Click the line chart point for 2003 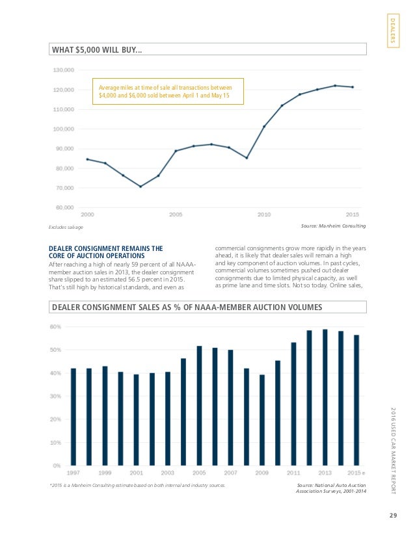pyautogui.click(x=141, y=187)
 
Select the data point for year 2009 pyautogui.click(x=247, y=158)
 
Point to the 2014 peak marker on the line pyautogui.click(x=335, y=86)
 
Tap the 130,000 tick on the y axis pyautogui.click(x=64, y=70)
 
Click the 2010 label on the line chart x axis pyautogui.click(x=264, y=215)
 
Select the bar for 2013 pyautogui.click(x=325, y=397)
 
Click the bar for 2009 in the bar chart pyautogui.click(x=262, y=420)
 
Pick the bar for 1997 pyautogui.click(x=74, y=417)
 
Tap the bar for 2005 pyautogui.click(x=200, y=406)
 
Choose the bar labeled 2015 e pyautogui.click(x=356, y=400)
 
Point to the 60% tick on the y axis pyautogui.click(x=56, y=327)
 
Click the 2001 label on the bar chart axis pyautogui.click(x=137, y=473)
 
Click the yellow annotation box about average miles pyautogui.click(x=168, y=91)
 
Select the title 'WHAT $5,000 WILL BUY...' pyautogui.click(x=97, y=49)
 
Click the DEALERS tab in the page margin pyautogui.click(x=393, y=31)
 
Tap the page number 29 pyautogui.click(x=393, y=516)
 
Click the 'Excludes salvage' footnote pyautogui.click(x=66, y=227)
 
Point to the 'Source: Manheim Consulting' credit pyautogui.click(x=334, y=226)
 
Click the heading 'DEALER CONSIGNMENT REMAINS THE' pyautogui.click(x=106, y=248)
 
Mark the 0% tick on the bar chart pyautogui.click(x=57, y=465)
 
